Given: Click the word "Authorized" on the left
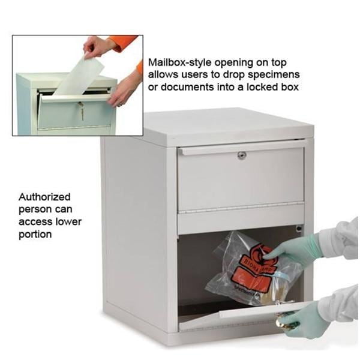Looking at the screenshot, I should click(44, 197).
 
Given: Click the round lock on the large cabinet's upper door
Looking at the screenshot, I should click(241, 155).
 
